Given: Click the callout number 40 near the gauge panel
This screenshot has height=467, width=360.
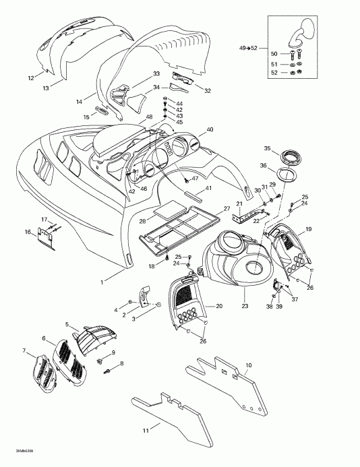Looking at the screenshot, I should pos(210,129).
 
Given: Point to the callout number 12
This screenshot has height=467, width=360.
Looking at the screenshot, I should pos(30,78).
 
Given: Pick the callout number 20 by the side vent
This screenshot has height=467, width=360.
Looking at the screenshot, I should pos(219,306).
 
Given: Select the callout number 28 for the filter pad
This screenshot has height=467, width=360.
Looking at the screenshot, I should pos(142,221).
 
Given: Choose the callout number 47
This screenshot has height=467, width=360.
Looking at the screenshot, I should pos(195,179).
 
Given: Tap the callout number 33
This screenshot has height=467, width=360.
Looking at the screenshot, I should pos(156,73).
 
